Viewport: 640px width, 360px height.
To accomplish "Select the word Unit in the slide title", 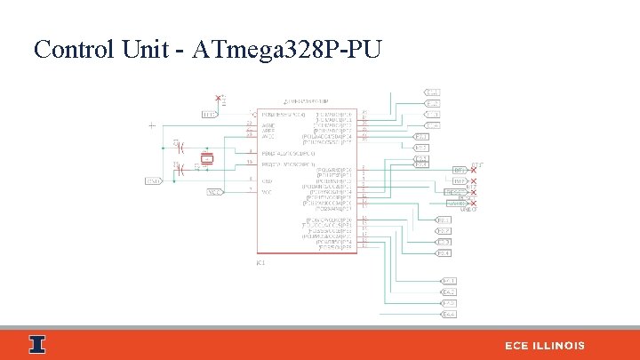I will (146, 49).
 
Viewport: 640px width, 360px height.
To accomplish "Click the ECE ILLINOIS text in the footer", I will (545, 345).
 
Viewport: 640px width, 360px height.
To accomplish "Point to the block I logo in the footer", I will (36, 344).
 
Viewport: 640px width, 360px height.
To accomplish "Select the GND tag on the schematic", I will (154, 181).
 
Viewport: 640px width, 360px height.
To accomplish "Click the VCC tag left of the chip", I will (214, 191).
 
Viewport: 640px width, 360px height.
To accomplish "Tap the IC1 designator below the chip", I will (260, 262).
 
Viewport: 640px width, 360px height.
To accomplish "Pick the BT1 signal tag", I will (459, 170).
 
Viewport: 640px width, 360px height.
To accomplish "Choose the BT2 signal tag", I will (459, 180).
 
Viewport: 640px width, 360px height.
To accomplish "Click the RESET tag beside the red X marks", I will (455, 191).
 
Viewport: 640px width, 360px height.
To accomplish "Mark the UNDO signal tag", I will (457, 203).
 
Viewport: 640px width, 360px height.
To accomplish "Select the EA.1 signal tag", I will (449, 281).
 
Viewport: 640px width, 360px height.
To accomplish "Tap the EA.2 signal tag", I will (449, 292).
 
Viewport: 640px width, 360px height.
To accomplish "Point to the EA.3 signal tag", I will (449, 303).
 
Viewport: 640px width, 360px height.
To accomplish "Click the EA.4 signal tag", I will (449, 314).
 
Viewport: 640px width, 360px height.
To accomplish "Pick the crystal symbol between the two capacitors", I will (206, 159).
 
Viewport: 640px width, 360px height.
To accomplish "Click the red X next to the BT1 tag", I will (473, 170).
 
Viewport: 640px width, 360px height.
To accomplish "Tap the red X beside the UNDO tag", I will (473, 203).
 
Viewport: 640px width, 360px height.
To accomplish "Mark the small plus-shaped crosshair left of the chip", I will (152, 124).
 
